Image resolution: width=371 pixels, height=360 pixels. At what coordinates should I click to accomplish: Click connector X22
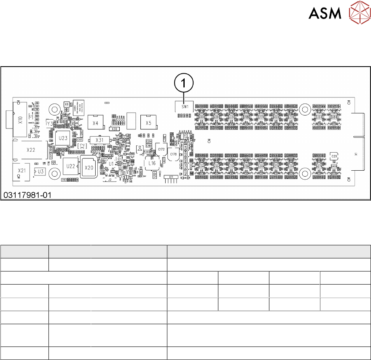point(30,150)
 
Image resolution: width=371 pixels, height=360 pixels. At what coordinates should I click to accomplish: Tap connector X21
point(22,171)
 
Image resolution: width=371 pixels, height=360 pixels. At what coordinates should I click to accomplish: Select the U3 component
point(40,172)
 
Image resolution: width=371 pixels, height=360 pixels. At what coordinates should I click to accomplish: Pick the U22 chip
point(71,167)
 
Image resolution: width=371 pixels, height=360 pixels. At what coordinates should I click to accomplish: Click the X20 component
point(89,167)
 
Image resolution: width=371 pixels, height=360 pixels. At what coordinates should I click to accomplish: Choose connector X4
point(96,123)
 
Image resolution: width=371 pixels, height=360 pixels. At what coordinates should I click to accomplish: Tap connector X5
point(148,123)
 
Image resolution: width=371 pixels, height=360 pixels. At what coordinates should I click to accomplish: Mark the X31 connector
point(99,140)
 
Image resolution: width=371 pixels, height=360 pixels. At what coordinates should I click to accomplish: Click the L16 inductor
point(152,163)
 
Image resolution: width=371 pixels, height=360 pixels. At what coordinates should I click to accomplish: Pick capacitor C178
point(173,154)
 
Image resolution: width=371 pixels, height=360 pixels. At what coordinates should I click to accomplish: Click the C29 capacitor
point(334,156)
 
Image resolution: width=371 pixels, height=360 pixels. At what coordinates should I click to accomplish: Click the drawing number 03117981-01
point(27,196)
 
